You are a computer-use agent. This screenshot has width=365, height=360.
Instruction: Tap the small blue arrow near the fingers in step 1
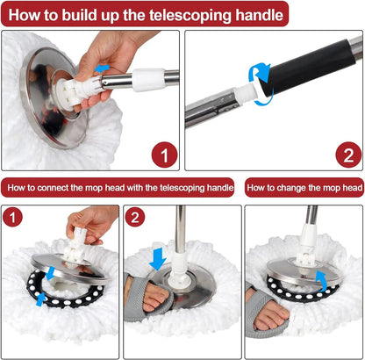pyautogui.click(x=104, y=67)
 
